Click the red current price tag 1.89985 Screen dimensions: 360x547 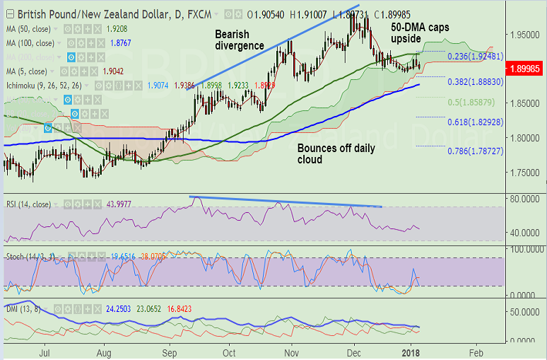[x=524, y=69]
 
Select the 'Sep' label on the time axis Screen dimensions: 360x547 [x=170, y=351]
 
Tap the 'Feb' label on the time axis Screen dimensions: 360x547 [x=476, y=351]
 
